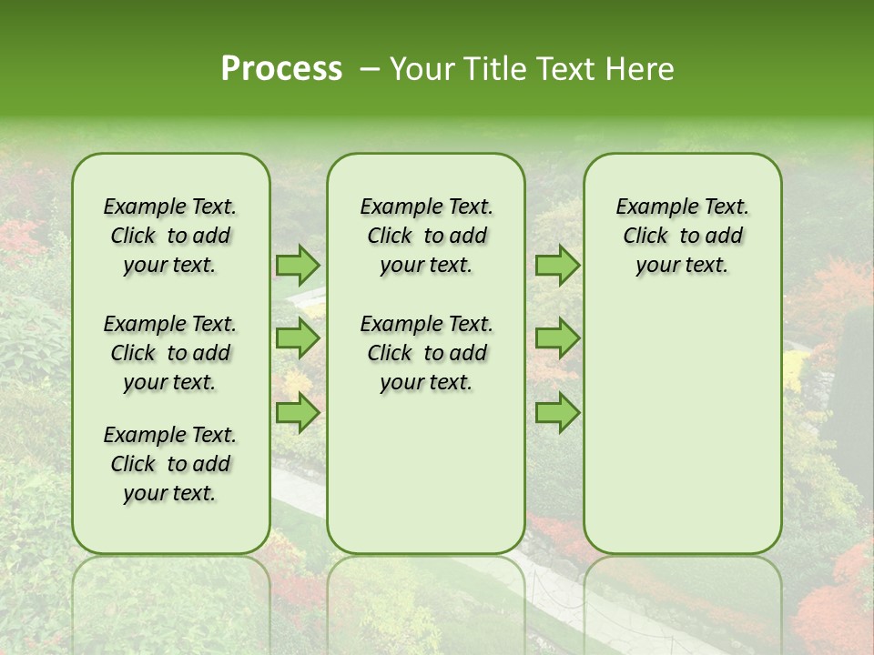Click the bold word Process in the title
(281, 69)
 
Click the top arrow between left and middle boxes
(298, 265)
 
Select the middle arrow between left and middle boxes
(298, 338)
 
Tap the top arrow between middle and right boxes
(557, 265)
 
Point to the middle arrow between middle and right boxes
(557, 338)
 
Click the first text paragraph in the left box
(170, 236)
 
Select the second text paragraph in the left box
(170, 353)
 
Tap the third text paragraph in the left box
(170, 464)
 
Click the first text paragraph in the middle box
(426, 236)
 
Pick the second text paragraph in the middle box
(426, 353)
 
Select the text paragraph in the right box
(682, 236)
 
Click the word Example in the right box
(652, 207)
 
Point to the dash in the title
(370, 69)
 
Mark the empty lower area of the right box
(682, 428)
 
